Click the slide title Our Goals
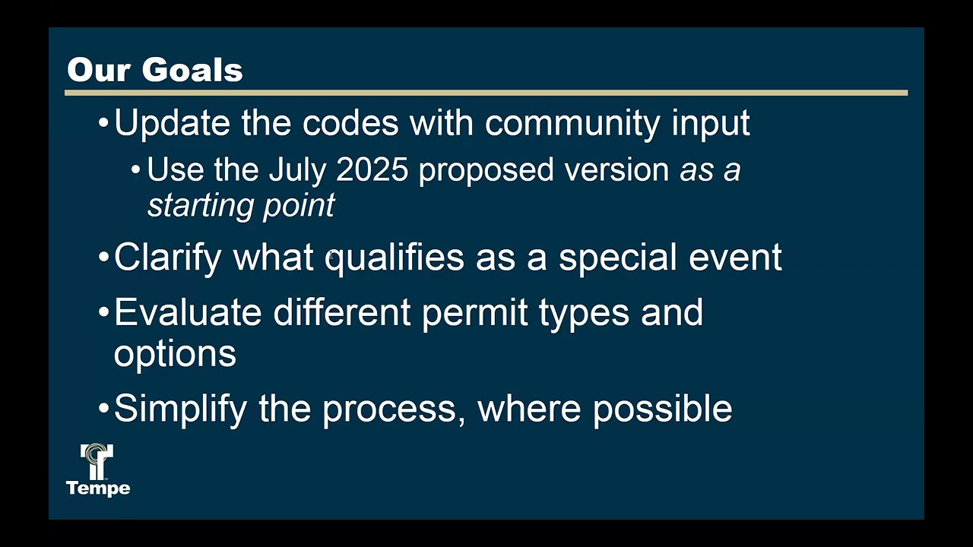pos(155,70)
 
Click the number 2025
pos(372,170)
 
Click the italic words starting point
pos(241,205)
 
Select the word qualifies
pos(395,258)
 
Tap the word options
pos(175,354)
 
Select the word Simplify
pos(180,409)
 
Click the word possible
pos(662,409)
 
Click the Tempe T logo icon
pos(97,461)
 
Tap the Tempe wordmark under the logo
pos(98,488)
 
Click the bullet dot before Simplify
pos(104,409)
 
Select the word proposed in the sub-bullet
pos(486,170)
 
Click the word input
pos(710,123)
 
